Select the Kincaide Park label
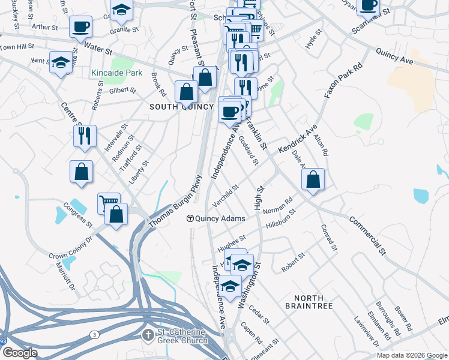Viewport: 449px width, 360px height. [x=116, y=73]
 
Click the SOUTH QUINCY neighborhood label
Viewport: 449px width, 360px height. [x=181, y=107]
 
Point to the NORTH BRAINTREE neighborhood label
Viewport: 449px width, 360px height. [x=309, y=302]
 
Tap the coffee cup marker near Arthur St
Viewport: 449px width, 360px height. [x=81, y=27]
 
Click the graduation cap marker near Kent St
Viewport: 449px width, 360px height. [x=61, y=62]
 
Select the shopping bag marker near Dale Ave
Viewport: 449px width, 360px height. [x=313, y=179]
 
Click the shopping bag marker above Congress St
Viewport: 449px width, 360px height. [x=81, y=172]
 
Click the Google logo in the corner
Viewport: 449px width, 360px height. [x=19, y=353]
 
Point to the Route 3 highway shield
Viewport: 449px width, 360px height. [x=94, y=334]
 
